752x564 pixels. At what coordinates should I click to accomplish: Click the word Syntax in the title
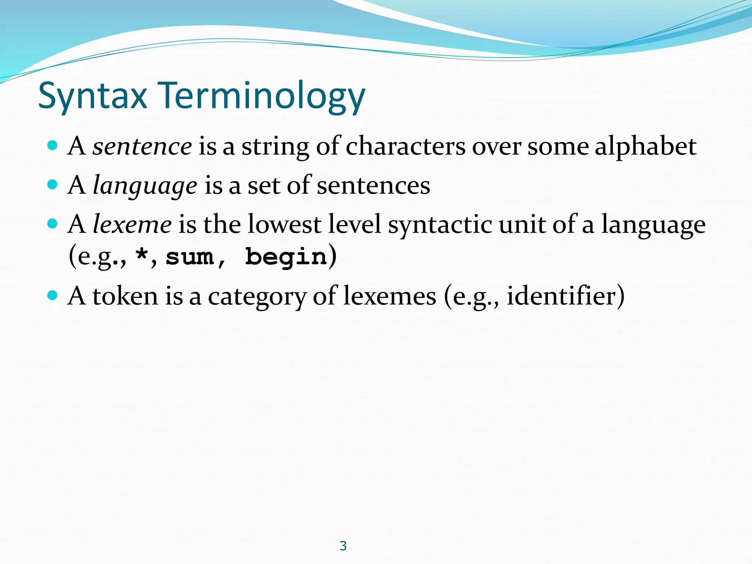93,96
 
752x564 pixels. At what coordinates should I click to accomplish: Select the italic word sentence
142,146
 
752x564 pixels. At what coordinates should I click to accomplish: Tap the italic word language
145,185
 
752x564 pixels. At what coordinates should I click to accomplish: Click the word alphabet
646,146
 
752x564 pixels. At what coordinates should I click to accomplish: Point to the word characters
406,146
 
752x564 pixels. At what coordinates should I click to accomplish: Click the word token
125,296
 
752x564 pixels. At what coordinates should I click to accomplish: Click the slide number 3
343,546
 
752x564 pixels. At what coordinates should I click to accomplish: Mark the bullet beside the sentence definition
53,145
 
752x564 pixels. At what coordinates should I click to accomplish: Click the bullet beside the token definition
53,295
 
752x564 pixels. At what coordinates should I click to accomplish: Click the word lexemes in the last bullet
390,296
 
